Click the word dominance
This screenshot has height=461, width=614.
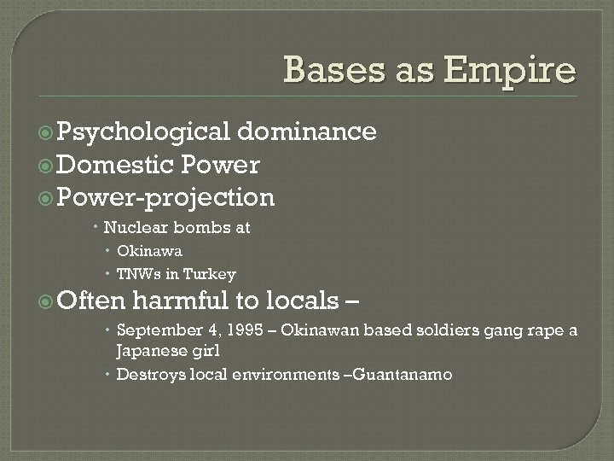[x=308, y=131]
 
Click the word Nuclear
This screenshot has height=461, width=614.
[x=137, y=228]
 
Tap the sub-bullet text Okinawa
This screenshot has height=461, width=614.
[x=149, y=251]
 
